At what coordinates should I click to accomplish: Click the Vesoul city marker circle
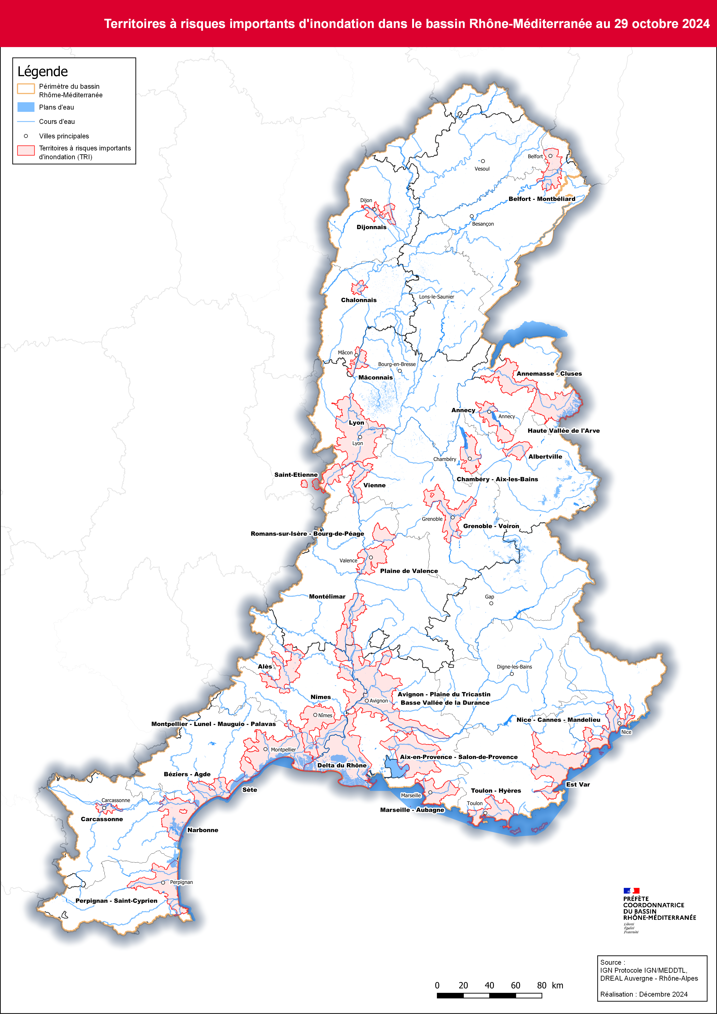click(x=483, y=161)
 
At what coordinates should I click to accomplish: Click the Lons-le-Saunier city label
click(x=436, y=297)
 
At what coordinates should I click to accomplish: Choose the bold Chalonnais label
click(x=359, y=300)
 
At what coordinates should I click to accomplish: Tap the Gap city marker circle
click(x=491, y=603)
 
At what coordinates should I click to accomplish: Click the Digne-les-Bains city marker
click(x=512, y=674)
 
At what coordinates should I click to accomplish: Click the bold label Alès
click(x=265, y=666)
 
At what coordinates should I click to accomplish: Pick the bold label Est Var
click(x=578, y=784)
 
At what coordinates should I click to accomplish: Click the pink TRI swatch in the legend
click(x=26, y=151)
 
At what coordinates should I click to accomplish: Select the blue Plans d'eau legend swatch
click(x=26, y=107)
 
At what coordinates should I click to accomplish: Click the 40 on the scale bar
click(x=489, y=985)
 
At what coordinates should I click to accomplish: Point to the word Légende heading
click(x=43, y=72)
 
